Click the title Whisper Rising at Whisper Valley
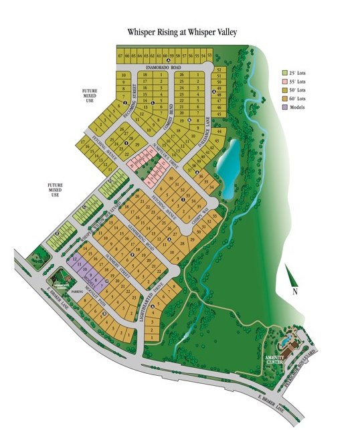pos(182,31)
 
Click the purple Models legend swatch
pos(284,107)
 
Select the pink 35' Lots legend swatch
pos(284,81)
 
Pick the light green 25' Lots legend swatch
pos(284,72)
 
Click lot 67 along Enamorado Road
pos(120,56)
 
